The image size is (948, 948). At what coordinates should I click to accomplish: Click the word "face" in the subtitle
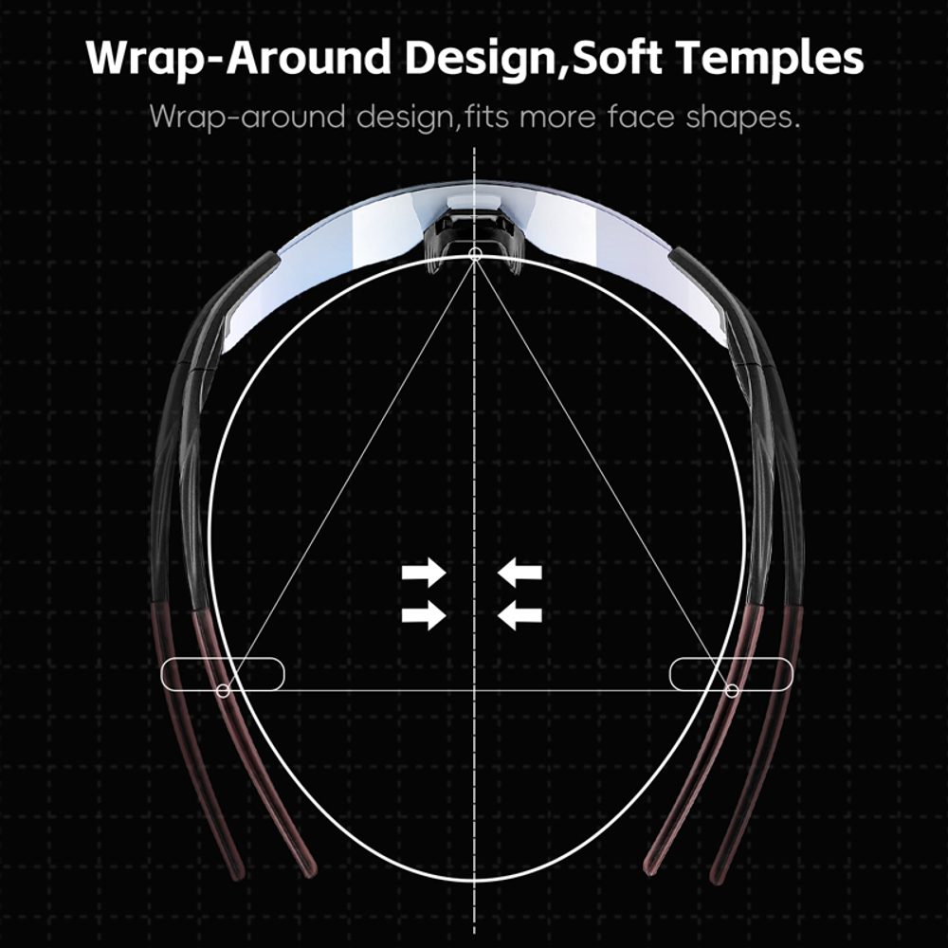click(640, 117)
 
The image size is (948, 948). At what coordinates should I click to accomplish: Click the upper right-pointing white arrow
click(424, 572)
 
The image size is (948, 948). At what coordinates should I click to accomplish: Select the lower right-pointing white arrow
click(424, 615)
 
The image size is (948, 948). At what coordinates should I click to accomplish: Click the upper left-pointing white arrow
click(520, 572)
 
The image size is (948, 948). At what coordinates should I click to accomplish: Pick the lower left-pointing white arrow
click(520, 615)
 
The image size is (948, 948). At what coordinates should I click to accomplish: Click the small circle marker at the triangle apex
click(475, 253)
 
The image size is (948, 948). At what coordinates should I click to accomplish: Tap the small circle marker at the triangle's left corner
click(223, 690)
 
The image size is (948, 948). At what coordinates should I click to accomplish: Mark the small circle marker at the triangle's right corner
click(732, 690)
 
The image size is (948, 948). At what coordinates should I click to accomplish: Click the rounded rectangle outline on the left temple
click(223, 659)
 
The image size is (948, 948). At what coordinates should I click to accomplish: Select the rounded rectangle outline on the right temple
click(731, 659)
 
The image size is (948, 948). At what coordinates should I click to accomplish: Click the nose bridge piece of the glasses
click(475, 233)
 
